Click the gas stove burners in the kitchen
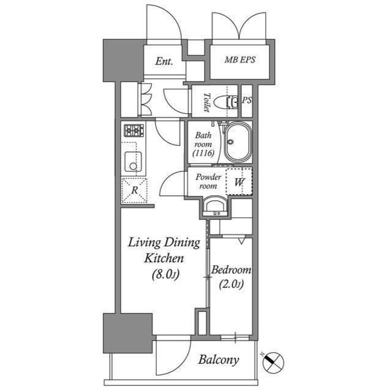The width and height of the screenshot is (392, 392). [x=134, y=130]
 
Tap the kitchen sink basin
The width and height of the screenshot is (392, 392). [x=134, y=162]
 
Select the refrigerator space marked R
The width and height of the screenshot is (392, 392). [x=134, y=190]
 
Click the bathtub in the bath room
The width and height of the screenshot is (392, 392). [x=238, y=142]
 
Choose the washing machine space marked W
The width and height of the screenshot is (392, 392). [x=239, y=182]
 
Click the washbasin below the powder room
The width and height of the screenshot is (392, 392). [x=215, y=206]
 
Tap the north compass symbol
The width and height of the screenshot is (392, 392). [x=273, y=361]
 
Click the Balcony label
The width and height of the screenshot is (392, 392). [x=219, y=360]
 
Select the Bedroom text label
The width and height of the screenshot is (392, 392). [x=231, y=269]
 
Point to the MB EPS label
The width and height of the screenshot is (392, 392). [x=240, y=60]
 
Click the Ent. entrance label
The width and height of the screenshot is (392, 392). [x=164, y=61]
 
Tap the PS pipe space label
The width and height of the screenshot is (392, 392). [x=247, y=100]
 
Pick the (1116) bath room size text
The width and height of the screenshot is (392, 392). [x=203, y=153]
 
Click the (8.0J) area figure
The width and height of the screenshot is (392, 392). [x=165, y=274]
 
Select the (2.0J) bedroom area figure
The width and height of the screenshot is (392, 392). [x=231, y=284]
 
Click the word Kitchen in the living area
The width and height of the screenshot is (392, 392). [x=164, y=258]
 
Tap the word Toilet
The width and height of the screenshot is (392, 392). [x=207, y=102]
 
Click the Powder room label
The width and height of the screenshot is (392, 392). [x=208, y=181]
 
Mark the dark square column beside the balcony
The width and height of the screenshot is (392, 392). [x=128, y=333]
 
